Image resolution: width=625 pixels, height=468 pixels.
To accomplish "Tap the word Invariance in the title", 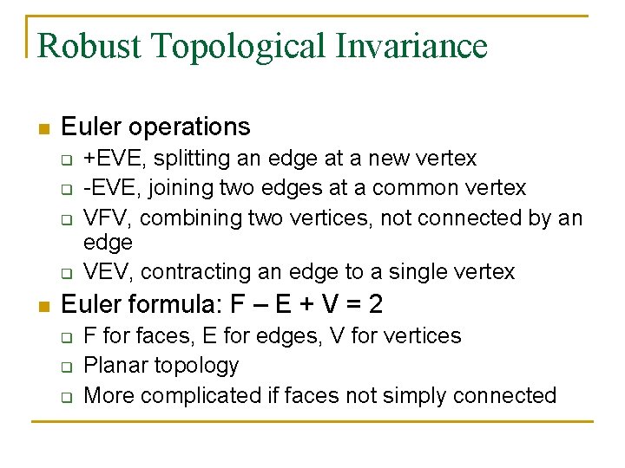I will click(x=407, y=46).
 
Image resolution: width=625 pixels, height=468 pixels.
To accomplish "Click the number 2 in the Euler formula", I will click(x=375, y=304).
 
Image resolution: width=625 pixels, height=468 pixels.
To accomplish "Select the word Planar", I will click(x=115, y=366).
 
